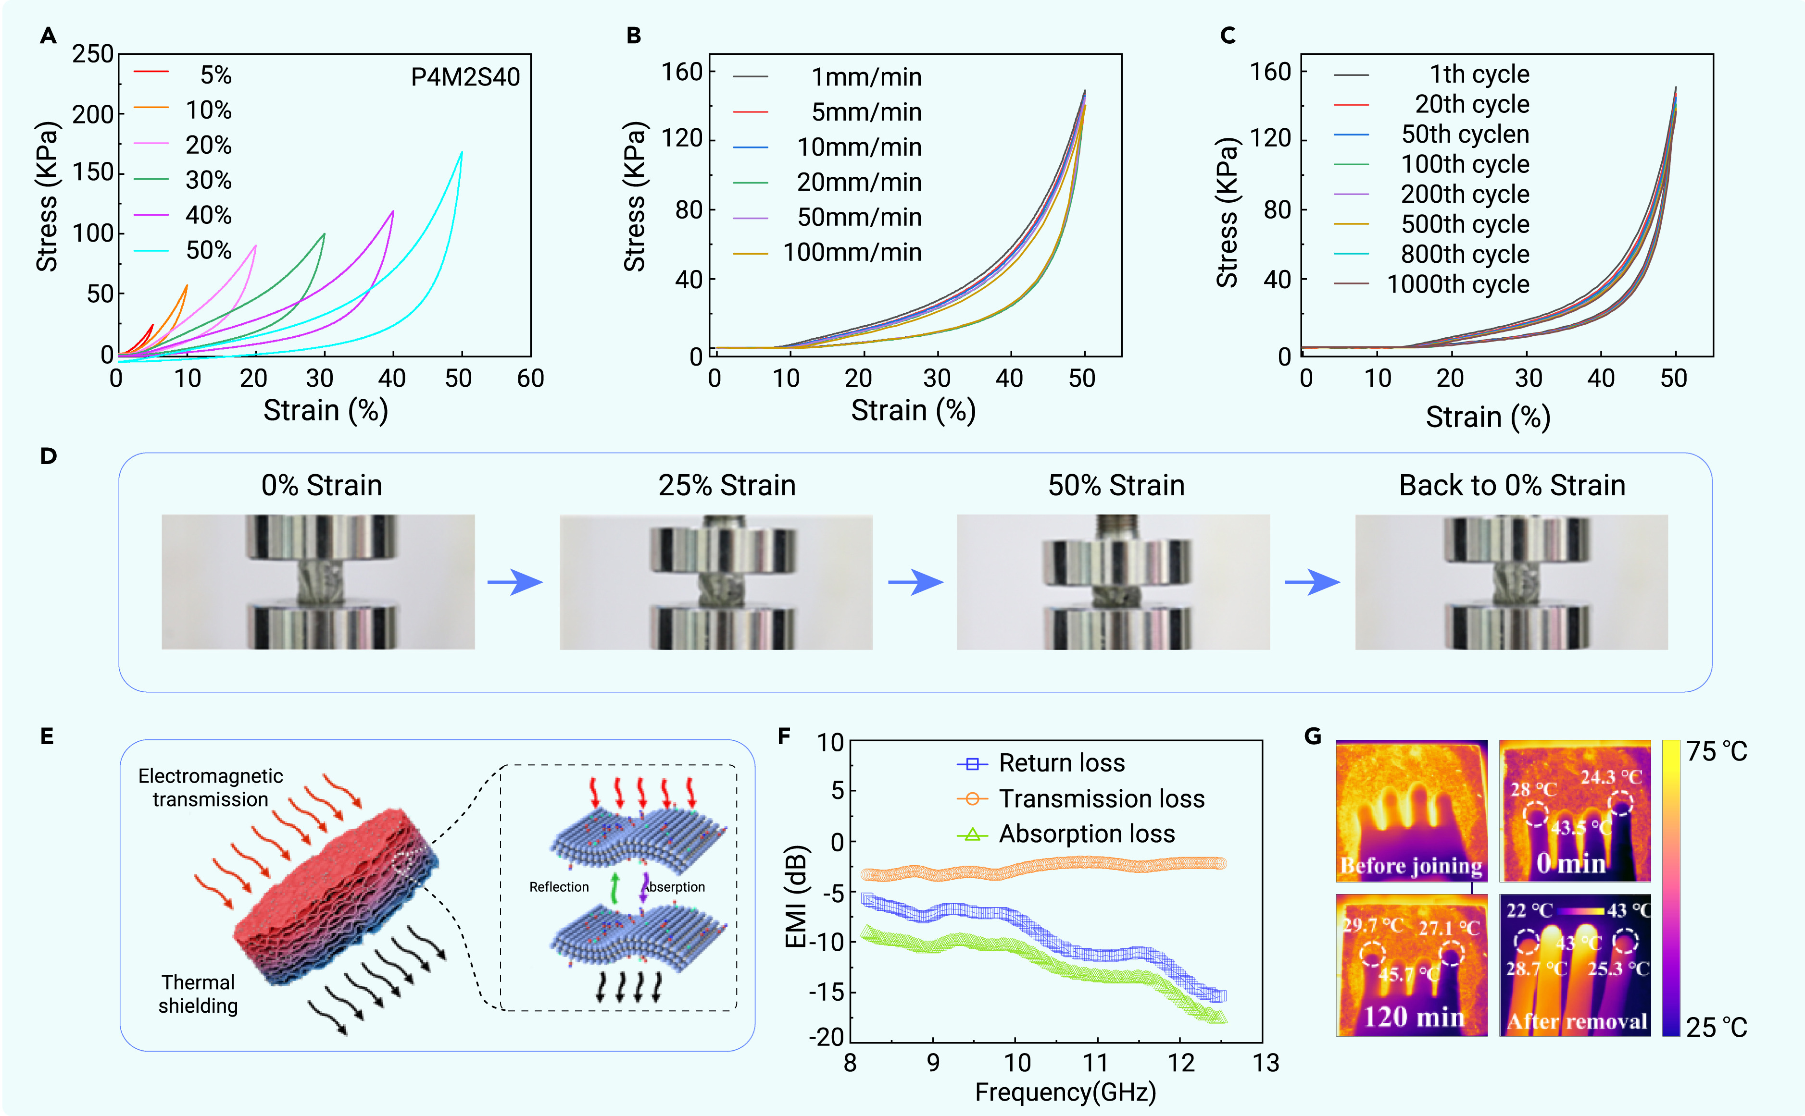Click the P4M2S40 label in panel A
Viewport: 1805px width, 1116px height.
(465, 77)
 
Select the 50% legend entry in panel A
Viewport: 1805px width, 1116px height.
(183, 250)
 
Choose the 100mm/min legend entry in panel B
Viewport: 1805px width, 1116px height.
(827, 252)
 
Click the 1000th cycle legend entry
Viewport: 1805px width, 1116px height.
(1432, 284)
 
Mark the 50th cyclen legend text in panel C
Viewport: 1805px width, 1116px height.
(1465, 135)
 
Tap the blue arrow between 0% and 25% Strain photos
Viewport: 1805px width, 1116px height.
(515, 582)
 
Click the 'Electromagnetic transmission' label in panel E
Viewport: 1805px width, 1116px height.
(211, 787)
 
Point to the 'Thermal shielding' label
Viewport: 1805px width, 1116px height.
(198, 994)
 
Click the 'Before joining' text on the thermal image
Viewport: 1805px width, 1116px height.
(1411, 865)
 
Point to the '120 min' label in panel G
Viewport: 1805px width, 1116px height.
(1414, 1017)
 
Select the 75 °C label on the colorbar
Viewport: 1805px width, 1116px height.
(1717, 751)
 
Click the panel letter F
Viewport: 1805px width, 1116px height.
(784, 736)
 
